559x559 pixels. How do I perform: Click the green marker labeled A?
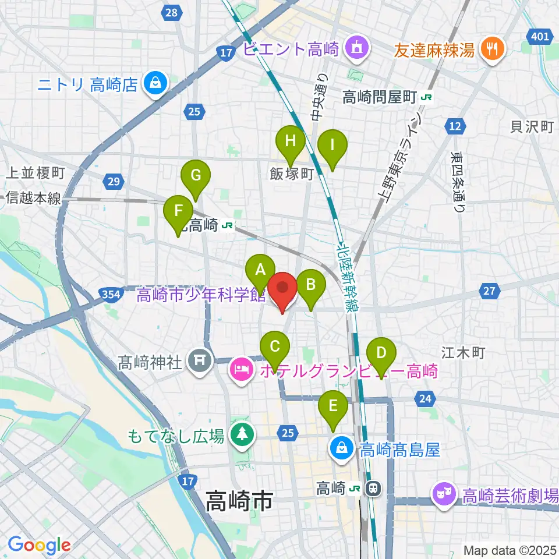pos(260,271)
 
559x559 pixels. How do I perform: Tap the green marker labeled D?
pos(381,354)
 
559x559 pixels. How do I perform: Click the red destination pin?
pos(283,289)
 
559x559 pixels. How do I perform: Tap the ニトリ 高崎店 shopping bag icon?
pos(156,83)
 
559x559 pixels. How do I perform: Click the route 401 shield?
pos(540,37)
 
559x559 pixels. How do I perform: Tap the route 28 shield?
pos(172,12)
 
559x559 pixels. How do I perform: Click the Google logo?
pos(38,545)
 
